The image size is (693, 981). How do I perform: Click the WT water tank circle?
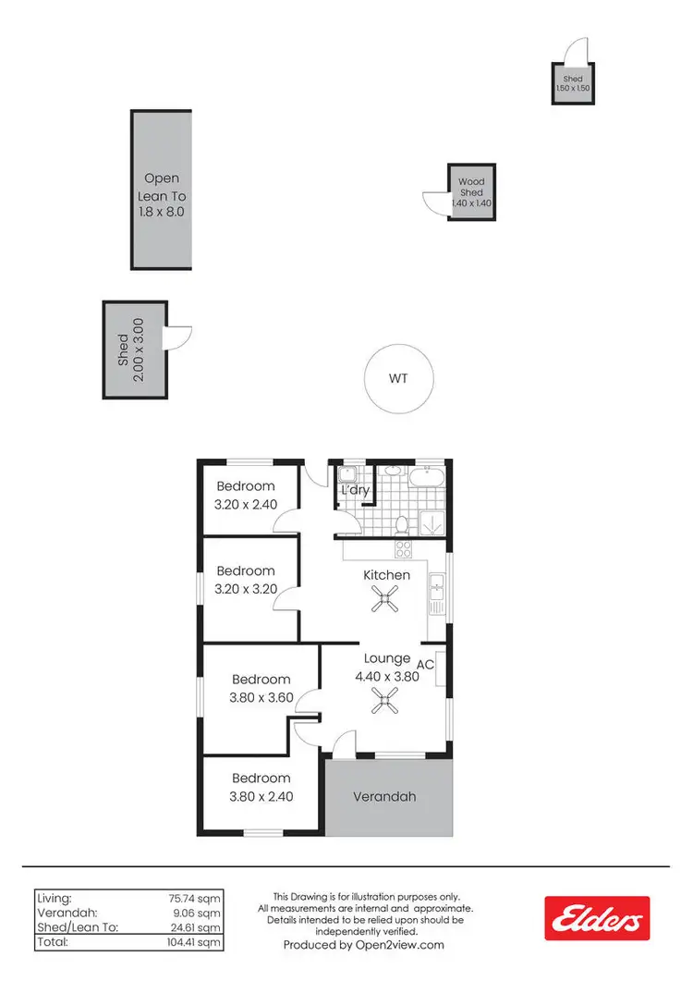[x=398, y=379]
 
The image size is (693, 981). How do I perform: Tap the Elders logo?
[x=596, y=918]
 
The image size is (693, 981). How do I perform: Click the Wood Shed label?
[x=472, y=188]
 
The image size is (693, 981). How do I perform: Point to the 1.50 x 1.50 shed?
[x=572, y=84]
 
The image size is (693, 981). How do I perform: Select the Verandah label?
[x=386, y=796]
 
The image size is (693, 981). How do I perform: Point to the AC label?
[x=426, y=664]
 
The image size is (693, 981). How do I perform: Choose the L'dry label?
[x=355, y=491]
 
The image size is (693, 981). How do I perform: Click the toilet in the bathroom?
[x=402, y=524]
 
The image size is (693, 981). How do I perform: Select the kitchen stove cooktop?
[x=404, y=549]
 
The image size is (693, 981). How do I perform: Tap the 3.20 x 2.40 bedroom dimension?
[x=246, y=505]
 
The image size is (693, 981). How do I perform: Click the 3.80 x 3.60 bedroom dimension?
[x=261, y=698]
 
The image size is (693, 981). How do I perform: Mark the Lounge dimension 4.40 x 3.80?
[x=387, y=675]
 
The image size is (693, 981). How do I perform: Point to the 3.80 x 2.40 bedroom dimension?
[x=261, y=795]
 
